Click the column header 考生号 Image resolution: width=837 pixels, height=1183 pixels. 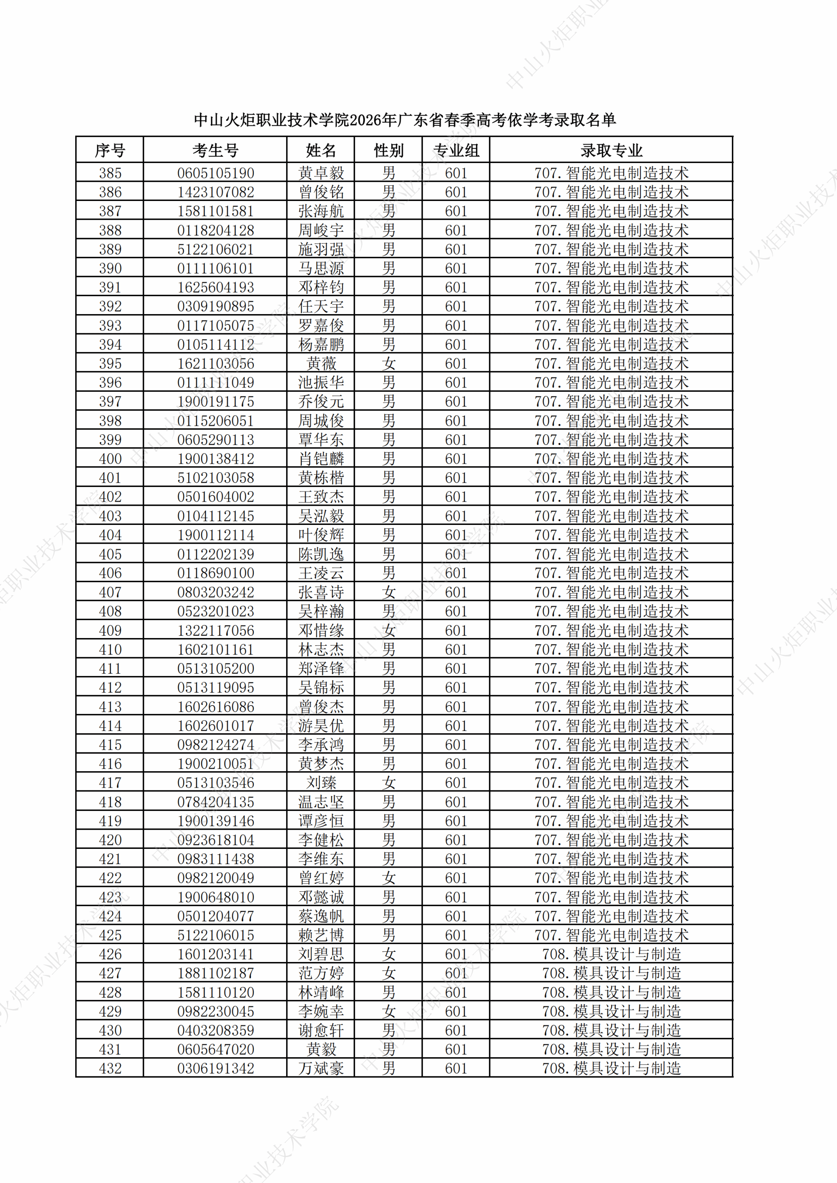pos(215,150)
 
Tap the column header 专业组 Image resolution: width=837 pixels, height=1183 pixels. pos(456,150)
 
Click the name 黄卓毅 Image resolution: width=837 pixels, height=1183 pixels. pos(320,173)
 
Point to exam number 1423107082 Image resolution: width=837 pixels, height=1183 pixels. pos(215,192)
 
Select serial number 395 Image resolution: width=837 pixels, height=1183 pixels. pos(110,364)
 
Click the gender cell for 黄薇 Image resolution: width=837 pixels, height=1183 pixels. pos(389,364)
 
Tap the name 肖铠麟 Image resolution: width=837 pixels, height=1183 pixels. pos(320,459)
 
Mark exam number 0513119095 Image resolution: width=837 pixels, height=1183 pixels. pos(215,688)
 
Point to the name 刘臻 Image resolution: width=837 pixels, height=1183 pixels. pos(320,783)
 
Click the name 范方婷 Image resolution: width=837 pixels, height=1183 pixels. pos(320,974)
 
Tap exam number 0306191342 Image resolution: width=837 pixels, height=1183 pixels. pos(215,1069)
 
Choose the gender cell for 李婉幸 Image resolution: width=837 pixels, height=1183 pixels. pos(389,1012)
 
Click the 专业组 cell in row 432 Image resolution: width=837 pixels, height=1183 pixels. pos(456,1069)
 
